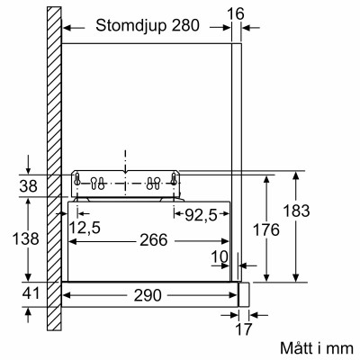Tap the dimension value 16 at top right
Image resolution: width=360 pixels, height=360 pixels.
click(x=235, y=13)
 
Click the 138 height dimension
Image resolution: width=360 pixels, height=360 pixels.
click(x=29, y=239)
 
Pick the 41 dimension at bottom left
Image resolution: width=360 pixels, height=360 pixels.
click(x=29, y=292)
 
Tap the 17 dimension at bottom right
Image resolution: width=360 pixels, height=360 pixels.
click(x=244, y=329)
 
